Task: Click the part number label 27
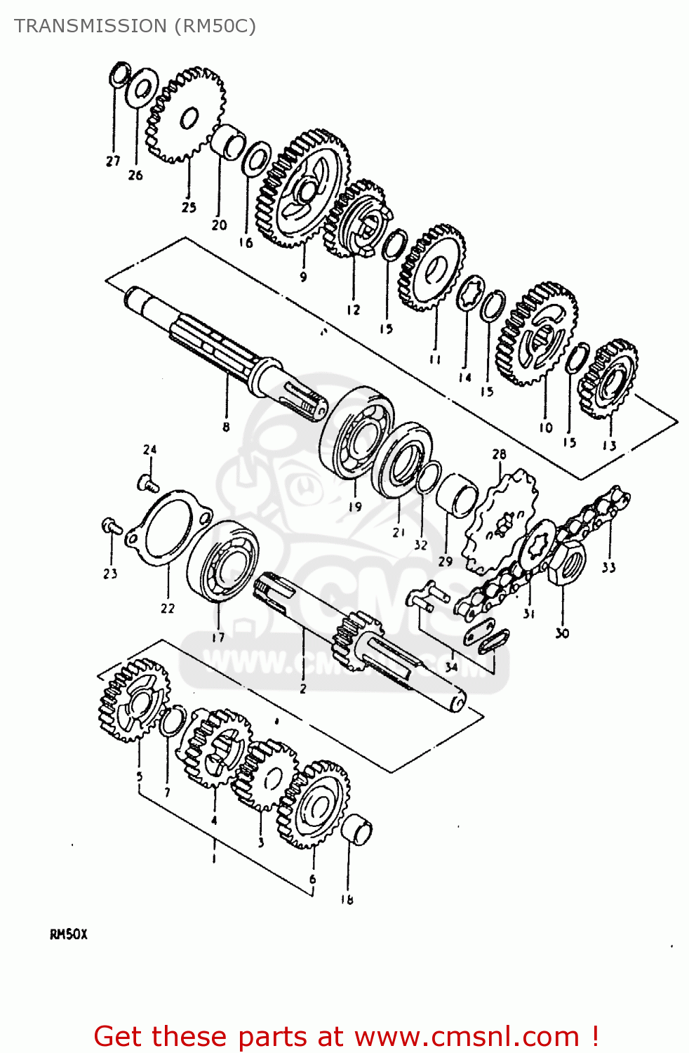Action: tap(113, 161)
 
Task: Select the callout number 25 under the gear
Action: tap(189, 207)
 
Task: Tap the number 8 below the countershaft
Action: tap(226, 426)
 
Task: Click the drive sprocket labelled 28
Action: tap(500, 519)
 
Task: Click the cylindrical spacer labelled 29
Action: tap(457, 495)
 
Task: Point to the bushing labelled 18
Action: tap(357, 830)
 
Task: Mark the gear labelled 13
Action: tap(608, 379)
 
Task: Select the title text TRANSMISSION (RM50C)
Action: tap(135, 26)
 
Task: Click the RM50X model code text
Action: tap(69, 934)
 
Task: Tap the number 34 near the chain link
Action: tap(451, 666)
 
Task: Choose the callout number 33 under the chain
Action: tap(608, 567)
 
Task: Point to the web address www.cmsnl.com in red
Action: tap(467, 1037)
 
